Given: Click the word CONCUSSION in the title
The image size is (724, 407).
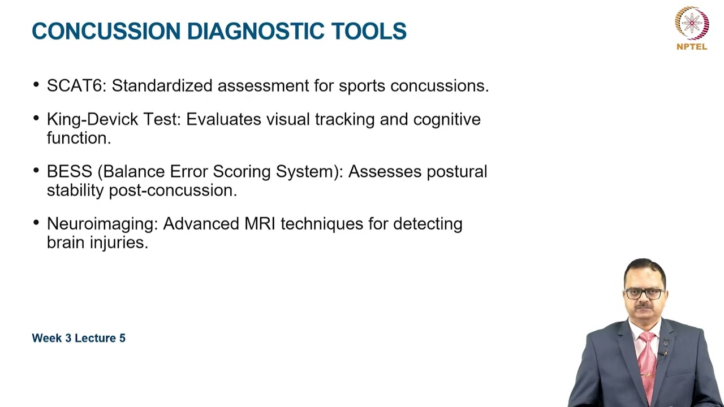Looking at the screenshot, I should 106,32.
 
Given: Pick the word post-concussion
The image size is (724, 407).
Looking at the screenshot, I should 173,190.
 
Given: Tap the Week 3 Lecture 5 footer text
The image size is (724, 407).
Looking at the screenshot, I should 79,338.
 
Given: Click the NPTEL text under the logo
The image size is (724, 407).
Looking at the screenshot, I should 692,47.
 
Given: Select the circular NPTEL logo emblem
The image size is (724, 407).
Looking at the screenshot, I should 692,23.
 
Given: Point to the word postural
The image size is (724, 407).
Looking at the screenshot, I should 456,172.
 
